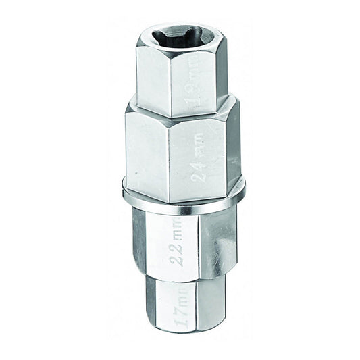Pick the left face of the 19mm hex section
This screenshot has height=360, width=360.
[153, 74]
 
